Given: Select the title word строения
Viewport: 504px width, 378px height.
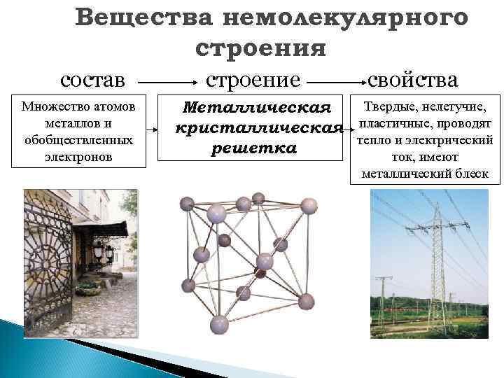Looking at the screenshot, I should pos(261,48).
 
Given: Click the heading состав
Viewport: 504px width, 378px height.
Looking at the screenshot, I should pos(93,78).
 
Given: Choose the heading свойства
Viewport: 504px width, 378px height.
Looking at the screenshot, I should pos(412,78).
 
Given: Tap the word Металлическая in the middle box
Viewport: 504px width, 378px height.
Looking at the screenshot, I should pos(256,108).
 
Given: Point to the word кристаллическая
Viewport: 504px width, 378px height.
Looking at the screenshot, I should pos(258,129).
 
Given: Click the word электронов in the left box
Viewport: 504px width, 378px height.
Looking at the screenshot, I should pos(78,157).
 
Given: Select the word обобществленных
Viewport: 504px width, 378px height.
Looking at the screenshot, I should pos(78,140).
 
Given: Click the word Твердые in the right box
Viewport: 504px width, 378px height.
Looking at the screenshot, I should pos(390,106).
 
